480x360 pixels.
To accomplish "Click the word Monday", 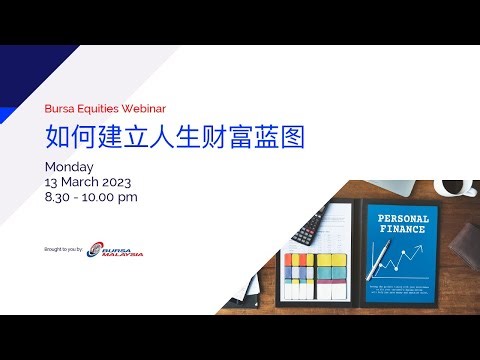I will click(69, 166).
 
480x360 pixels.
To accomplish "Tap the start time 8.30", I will click(59, 197).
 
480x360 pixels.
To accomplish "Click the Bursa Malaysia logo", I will click(114, 249).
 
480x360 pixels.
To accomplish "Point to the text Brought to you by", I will click(65, 249).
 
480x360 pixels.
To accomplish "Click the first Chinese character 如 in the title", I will click(58, 135).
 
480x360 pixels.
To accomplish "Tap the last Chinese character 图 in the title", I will click(291, 135).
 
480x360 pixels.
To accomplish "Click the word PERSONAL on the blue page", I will click(403, 219).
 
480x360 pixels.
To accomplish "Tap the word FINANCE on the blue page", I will click(403, 231).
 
